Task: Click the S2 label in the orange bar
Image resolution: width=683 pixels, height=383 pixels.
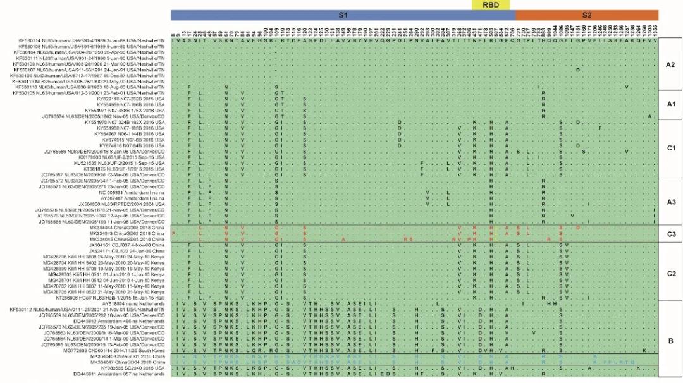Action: click(586, 15)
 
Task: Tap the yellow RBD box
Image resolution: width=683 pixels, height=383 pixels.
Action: click(490, 4)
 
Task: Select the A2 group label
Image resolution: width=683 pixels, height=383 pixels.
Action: click(670, 64)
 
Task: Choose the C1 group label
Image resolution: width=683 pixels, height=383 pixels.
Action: click(670, 148)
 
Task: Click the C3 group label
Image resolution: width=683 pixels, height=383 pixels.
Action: click(670, 234)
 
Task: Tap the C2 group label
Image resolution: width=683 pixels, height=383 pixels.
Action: click(670, 274)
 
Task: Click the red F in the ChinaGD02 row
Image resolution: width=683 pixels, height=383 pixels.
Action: click(173, 234)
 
